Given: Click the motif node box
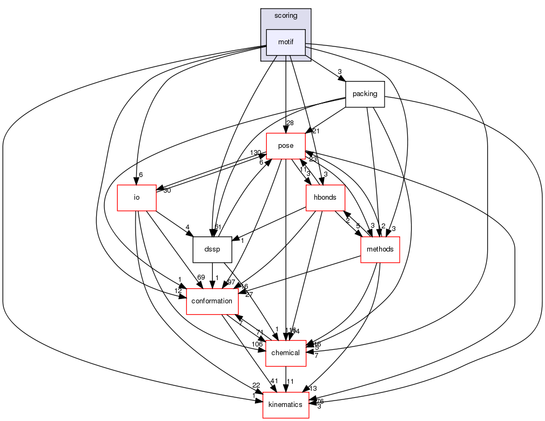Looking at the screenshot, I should pos(286,42).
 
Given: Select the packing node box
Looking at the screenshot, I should pos(365,94).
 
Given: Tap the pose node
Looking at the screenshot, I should pos(285,146).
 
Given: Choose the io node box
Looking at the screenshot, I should pos(137,198).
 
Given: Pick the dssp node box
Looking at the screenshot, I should pos(212,249).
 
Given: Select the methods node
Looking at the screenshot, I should pos(380,249).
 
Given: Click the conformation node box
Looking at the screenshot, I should pos(212,301).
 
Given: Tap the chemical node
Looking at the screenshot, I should pos(285,353).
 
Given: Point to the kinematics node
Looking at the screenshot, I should pos(285,405).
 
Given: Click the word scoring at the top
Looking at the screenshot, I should pos(286,16).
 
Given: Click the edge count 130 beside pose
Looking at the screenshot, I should pos(255,153).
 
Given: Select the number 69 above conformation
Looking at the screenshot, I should pos(201,277).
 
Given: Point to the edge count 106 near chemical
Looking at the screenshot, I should pos(256,344).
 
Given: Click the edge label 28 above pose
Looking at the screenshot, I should pos(291,124).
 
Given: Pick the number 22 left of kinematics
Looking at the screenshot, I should pos(255,385).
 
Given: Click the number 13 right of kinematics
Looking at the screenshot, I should pos(313,389).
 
